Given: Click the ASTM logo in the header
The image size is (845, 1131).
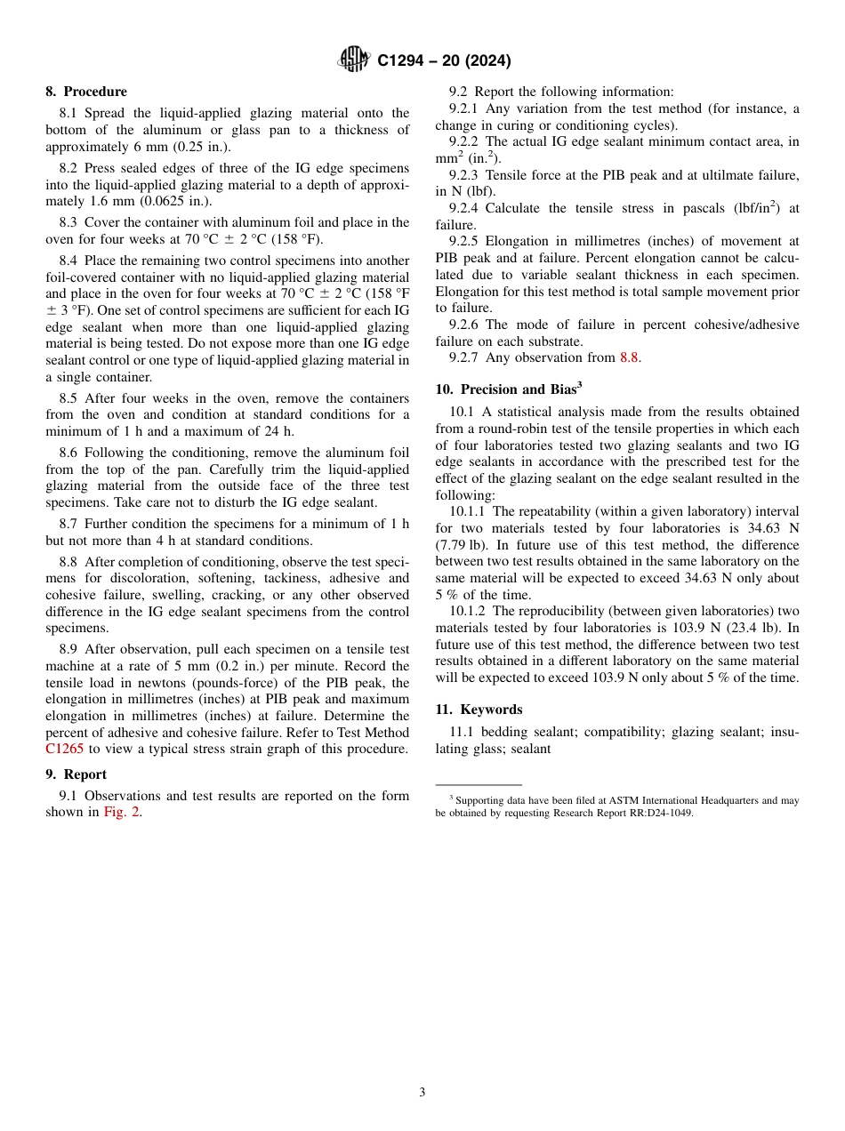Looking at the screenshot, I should tap(354, 60).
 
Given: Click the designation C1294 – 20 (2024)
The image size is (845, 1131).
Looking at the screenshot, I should tap(444, 61).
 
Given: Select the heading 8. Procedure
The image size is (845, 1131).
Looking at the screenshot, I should tap(86, 92).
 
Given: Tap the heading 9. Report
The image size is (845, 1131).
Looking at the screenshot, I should tap(76, 774).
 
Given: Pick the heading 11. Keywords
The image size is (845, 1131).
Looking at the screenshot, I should tap(479, 710).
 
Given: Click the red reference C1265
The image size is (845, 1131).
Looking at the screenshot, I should tap(64, 749).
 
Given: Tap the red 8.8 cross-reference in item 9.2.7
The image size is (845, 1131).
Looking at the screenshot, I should tap(629, 357).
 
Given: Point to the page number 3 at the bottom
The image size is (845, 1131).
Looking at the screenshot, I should tap(422, 1093).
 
